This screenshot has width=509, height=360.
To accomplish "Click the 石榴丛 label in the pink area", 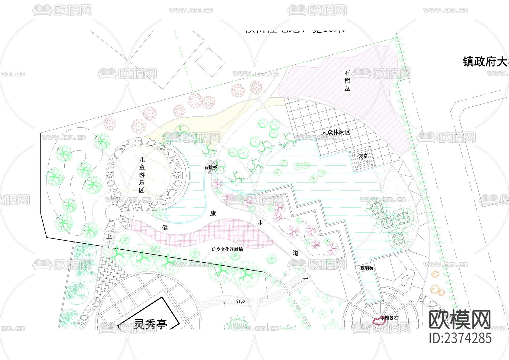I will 347,81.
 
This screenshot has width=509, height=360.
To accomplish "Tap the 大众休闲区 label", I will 336,132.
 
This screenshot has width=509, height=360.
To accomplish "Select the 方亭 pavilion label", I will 363,156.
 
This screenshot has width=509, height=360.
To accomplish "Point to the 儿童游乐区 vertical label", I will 142,175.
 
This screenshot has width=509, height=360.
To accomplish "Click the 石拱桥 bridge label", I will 211,167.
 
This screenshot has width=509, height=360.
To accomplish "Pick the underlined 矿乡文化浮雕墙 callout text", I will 227,250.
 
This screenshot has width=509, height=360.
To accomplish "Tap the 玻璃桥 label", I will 367,268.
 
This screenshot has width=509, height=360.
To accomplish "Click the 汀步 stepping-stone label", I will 241,301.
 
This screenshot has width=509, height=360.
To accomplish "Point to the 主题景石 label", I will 390,318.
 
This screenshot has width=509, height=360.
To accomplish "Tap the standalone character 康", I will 213,213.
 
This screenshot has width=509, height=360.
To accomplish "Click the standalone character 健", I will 165,228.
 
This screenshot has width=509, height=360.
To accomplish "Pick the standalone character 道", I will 295,253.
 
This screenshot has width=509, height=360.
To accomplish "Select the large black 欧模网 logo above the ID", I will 460,319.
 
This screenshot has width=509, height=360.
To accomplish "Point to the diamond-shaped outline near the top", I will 210,62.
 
